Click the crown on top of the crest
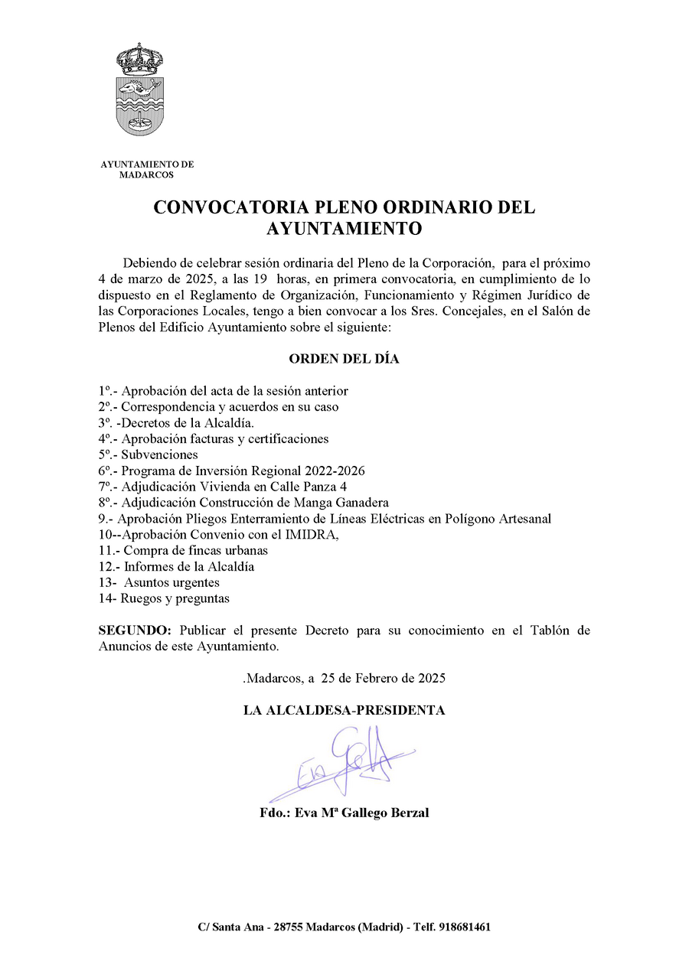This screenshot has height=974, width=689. pos(139,57)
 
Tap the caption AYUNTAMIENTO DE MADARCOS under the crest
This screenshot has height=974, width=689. pos(147,169)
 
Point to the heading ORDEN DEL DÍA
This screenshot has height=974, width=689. pos(344,359)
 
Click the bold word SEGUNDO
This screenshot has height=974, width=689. pos(135,630)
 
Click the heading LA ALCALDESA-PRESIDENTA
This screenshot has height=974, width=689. pos(344,710)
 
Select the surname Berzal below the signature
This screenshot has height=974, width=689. pos(408,813)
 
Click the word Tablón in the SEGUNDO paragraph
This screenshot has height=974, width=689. pos(550,630)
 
